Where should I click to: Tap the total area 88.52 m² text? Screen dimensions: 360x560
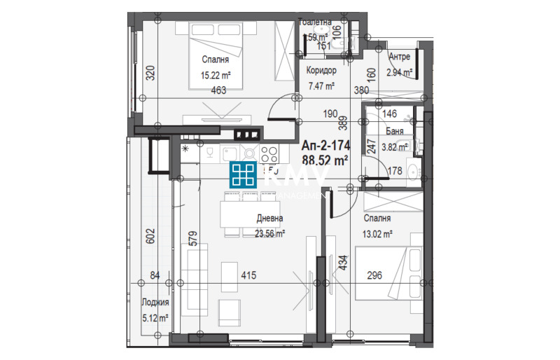click(325, 160)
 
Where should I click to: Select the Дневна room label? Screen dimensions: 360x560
click(269, 218)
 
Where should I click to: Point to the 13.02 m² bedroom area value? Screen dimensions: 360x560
click(377, 235)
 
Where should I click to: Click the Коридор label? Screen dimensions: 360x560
click(322, 71)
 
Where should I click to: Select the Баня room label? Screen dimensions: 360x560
click(393, 131)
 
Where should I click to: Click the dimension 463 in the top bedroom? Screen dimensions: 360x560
click(217, 90)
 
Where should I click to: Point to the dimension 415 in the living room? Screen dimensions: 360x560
click(248, 276)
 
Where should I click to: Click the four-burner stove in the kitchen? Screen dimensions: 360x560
click(270, 153)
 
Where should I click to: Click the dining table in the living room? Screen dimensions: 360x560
click(245, 213)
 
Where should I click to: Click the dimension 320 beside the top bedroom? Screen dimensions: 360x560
click(149, 74)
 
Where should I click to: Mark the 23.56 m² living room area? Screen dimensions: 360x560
click(269, 235)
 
